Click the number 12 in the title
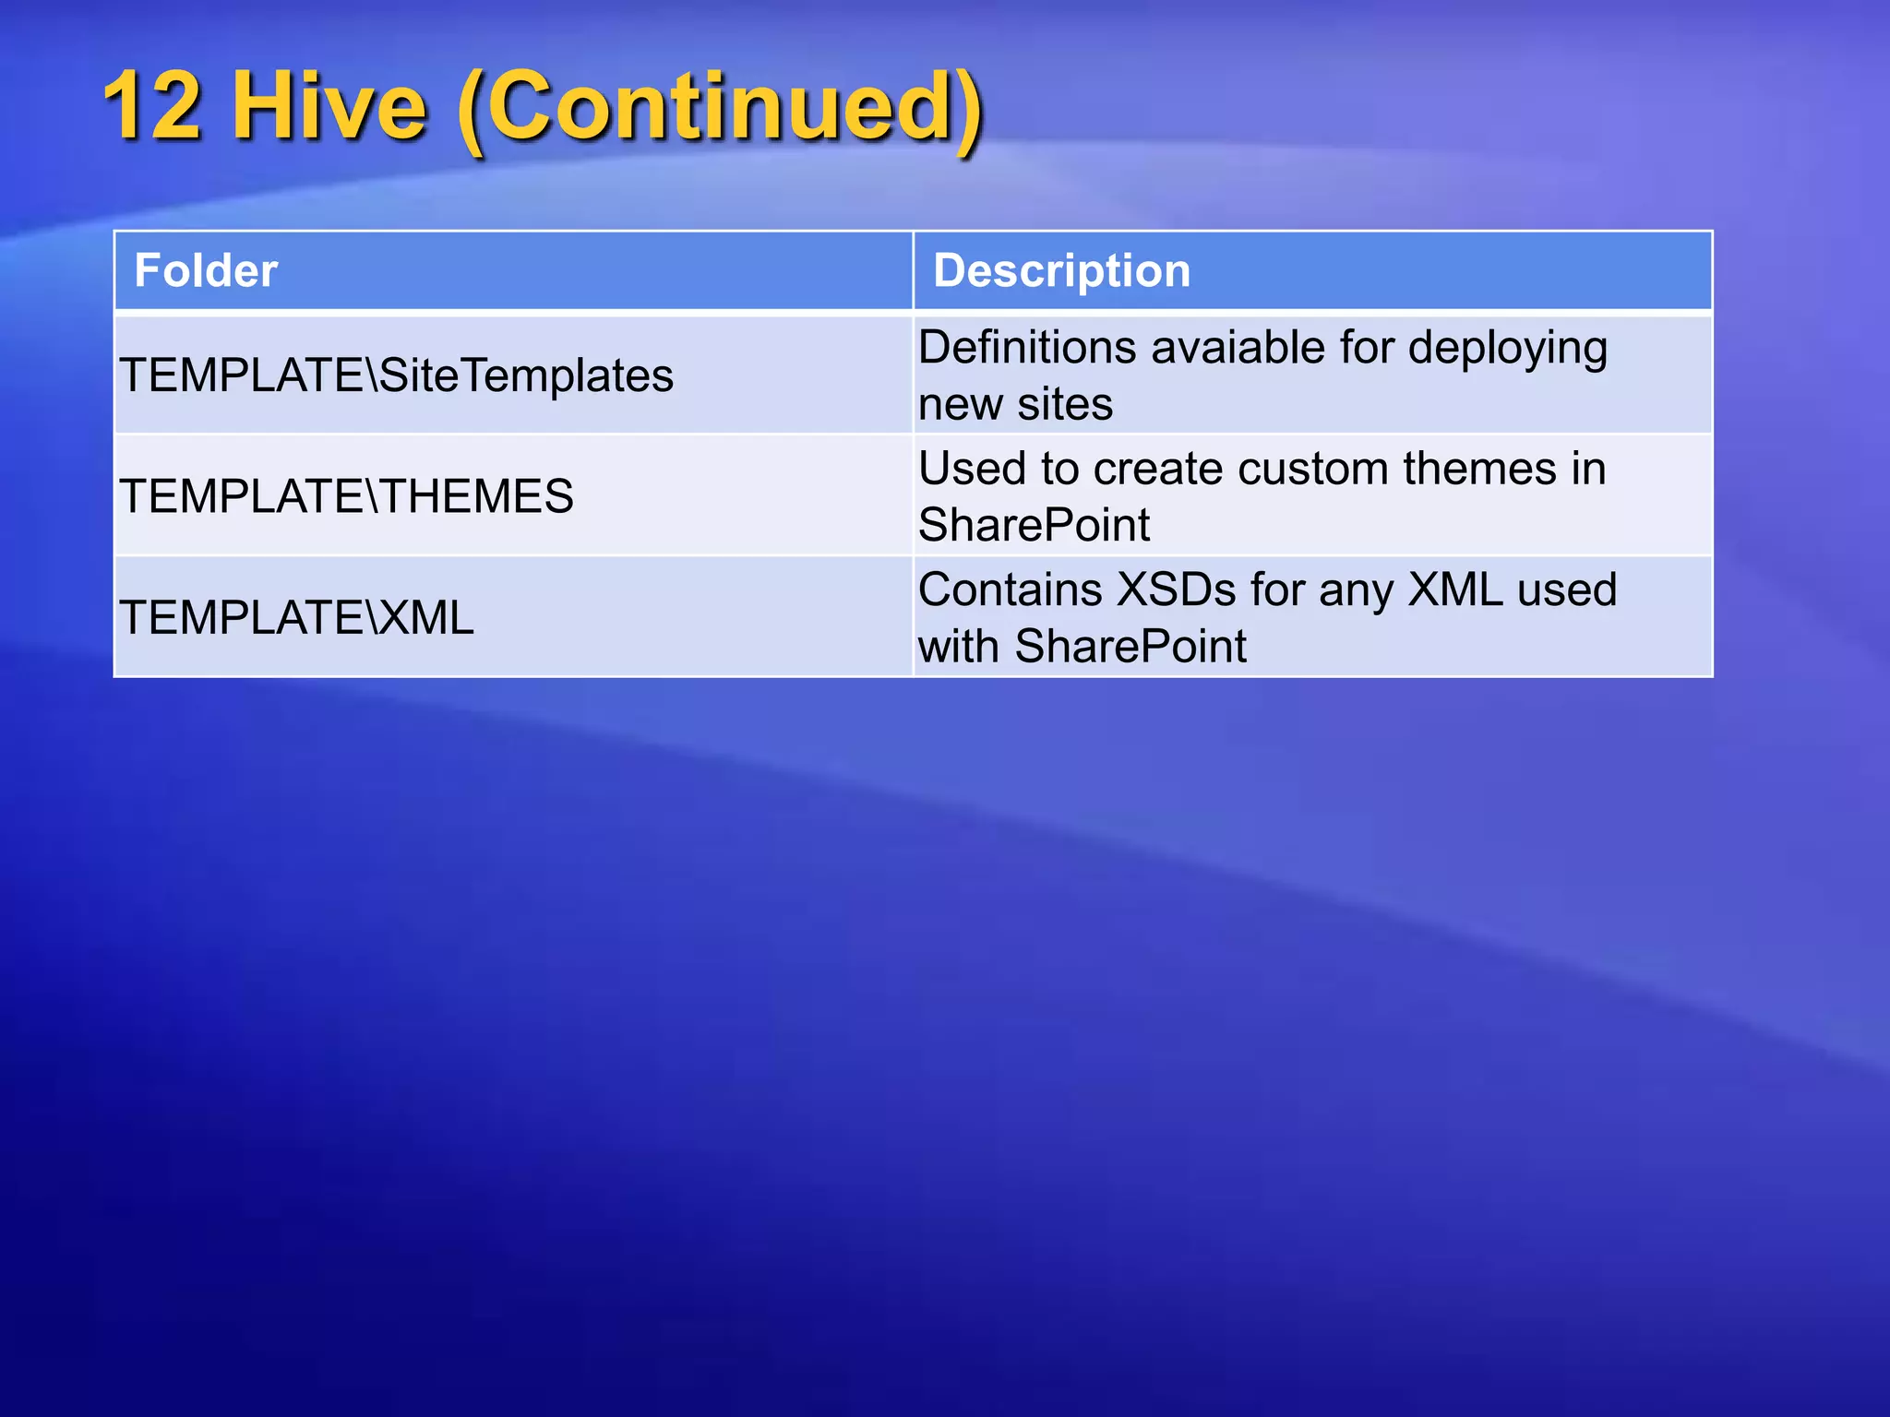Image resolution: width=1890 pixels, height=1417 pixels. click(x=151, y=106)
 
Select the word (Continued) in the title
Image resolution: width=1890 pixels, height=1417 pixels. click(x=721, y=108)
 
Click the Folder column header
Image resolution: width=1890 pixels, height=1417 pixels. click(x=206, y=271)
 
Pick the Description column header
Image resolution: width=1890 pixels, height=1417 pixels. click(x=1061, y=271)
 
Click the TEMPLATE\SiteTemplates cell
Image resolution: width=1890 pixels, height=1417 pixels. click(x=397, y=376)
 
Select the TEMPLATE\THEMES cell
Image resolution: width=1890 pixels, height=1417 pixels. click(x=347, y=497)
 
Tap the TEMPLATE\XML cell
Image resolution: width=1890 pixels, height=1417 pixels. click(x=297, y=618)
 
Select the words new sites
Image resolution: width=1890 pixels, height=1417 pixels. click(x=1015, y=405)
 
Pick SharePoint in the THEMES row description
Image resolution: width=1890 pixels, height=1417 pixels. click(x=1034, y=526)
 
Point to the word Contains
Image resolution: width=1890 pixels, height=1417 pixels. click(x=1010, y=590)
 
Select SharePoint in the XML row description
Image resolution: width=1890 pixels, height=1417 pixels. click(x=1130, y=647)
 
